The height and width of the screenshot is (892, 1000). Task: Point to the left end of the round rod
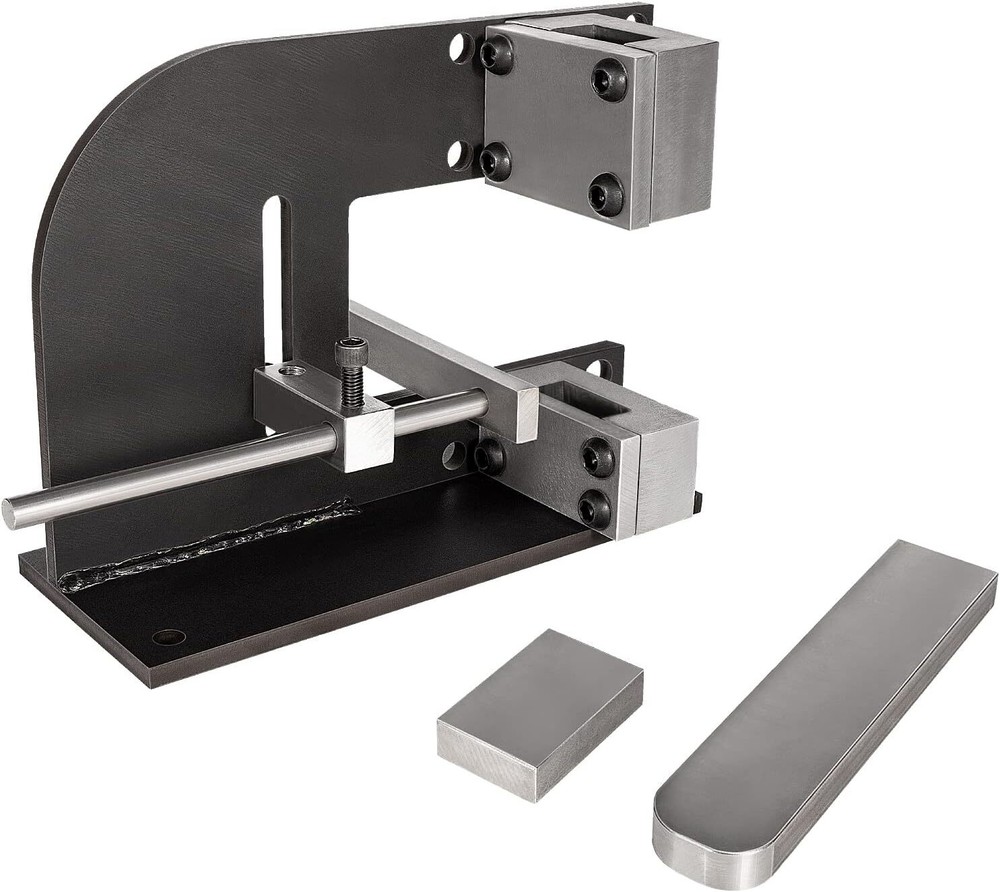[x=14, y=512]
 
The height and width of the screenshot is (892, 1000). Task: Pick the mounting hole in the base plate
[x=168, y=637]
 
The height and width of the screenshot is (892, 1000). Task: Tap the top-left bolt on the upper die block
[x=496, y=54]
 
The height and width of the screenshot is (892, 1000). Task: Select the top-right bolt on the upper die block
[x=609, y=78]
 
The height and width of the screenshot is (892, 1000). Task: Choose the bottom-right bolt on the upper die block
[x=605, y=192]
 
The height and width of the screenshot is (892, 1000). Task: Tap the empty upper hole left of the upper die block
[x=460, y=47]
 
